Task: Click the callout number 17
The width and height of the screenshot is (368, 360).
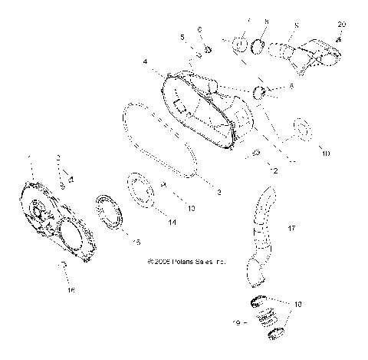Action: pyautogui.click(x=291, y=229)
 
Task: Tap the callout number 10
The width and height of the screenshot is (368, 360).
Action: pyautogui.click(x=326, y=154)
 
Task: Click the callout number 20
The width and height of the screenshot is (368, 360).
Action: pyautogui.click(x=342, y=25)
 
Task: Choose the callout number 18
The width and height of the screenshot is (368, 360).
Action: pyautogui.click(x=299, y=305)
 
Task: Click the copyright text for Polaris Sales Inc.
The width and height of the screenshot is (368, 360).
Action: pyautogui.click(x=187, y=261)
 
